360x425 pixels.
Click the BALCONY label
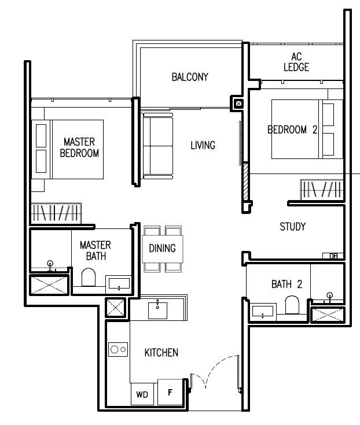(189, 77)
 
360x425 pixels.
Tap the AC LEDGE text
(296, 62)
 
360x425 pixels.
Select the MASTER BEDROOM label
(79, 147)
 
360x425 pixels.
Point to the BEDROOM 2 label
(292, 130)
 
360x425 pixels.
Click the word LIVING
(203, 145)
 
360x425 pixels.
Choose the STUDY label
(292, 227)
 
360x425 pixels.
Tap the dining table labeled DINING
(163, 249)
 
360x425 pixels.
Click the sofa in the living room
(158, 146)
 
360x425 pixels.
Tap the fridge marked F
(170, 393)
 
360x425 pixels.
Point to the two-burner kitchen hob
(119, 349)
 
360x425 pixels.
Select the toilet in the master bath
(90, 278)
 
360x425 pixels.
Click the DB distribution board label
(333, 256)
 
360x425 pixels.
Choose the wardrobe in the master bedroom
(56, 212)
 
